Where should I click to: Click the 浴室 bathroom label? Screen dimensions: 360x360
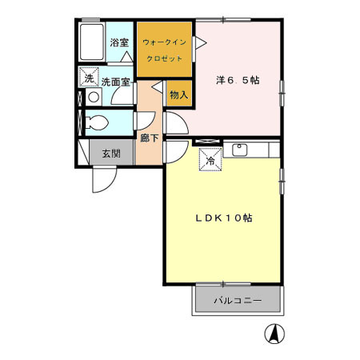click(119, 42)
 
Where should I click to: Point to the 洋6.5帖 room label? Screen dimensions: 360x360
click(238, 81)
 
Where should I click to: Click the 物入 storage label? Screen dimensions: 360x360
click(178, 94)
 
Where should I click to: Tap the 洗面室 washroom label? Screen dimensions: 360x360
click(115, 81)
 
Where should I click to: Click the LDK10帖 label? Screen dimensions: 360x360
click(226, 217)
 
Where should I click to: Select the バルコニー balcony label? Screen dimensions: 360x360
click(237, 302)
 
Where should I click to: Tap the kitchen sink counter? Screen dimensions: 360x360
click(247, 150)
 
